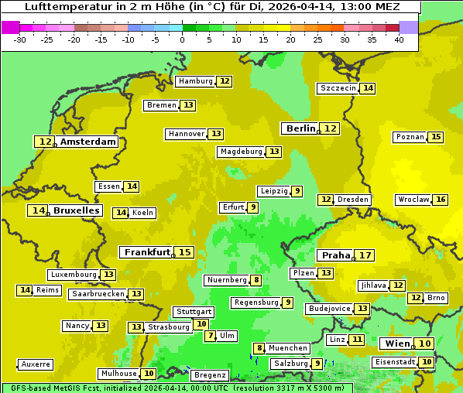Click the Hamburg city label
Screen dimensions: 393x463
point(195,81)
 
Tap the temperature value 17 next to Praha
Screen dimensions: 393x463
point(365,255)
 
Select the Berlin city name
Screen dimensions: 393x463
point(300,128)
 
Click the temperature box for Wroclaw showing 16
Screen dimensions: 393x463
point(441,200)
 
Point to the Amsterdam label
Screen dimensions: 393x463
point(87,142)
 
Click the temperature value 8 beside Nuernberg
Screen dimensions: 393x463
point(256,280)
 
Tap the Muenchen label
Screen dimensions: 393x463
point(288,348)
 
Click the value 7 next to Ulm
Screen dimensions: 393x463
point(210,336)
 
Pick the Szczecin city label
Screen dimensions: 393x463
point(338,88)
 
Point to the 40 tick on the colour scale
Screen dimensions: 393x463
point(399,39)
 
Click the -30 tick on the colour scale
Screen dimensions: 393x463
point(20,39)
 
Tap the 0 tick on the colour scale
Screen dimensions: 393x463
point(182,39)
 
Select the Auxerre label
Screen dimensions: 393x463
point(36,364)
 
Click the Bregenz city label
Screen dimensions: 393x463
point(210,375)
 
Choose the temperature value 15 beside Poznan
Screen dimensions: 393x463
point(436,137)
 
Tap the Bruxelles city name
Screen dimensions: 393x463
point(76,210)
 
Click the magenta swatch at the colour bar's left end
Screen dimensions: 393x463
point(11,27)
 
